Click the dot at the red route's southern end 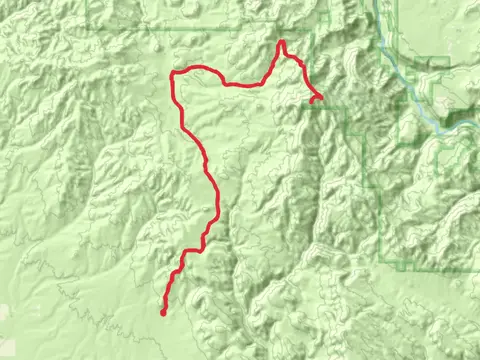163,313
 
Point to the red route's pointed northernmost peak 282,42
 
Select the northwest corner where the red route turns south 174,75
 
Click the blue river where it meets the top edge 378,3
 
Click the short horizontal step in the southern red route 192,250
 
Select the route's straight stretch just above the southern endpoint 168,295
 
